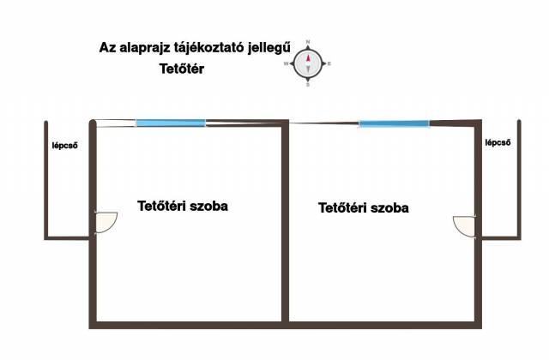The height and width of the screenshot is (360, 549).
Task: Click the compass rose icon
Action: click(308, 63)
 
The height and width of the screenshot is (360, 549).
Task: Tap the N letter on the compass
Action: click(308, 42)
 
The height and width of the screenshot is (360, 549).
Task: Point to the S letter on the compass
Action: click(308, 85)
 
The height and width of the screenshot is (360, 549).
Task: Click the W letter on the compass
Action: click(286, 63)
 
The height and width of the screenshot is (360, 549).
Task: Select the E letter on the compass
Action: click(329, 63)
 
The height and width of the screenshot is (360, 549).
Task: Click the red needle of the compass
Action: click(308, 57)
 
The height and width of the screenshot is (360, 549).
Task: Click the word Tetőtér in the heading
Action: click(181, 69)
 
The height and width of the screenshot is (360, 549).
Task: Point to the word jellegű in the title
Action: click(269, 48)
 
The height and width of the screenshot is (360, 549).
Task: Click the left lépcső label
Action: click(65, 146)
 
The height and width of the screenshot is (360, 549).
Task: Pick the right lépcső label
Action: click(498, 143)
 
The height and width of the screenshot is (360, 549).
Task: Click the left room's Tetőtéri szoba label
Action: click(183, 206)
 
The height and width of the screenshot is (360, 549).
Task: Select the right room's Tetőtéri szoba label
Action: click(364, 207)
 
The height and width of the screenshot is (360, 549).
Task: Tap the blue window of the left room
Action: click(171, 123)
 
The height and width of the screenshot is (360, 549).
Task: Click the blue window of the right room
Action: click(394, 123)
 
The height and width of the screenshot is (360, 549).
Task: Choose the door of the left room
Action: click(106, 222)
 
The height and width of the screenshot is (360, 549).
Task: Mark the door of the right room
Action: click(465, 226)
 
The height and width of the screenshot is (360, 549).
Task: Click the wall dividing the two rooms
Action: click(285, 222)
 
